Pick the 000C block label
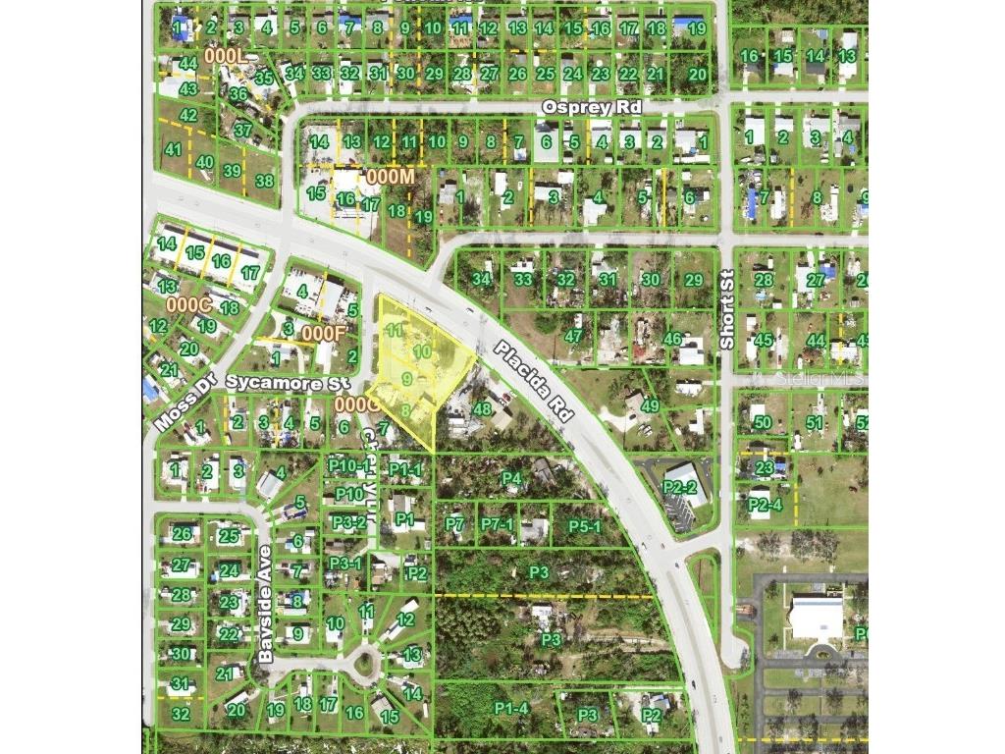pos(188,304)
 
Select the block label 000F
pos(324,333)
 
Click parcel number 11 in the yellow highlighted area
pos(396,330)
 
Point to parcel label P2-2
pos(679,487)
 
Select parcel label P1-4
pos(511,708)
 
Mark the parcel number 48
pos(482,408)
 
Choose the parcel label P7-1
pos(498,525)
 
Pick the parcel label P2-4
pos(765,506)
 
